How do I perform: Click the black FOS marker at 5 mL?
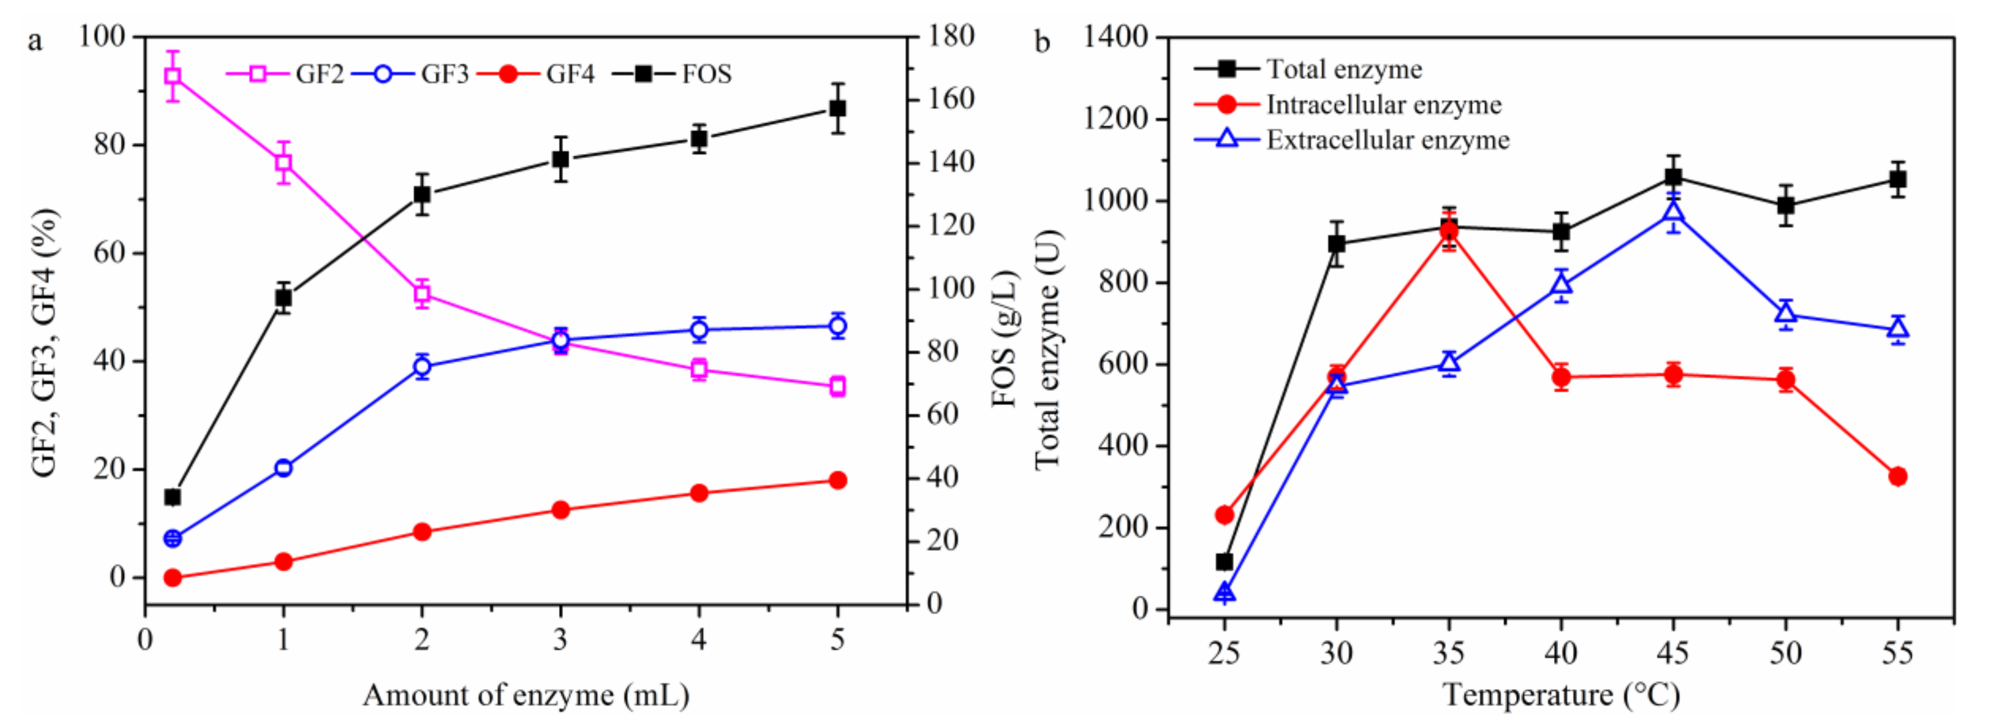pyautogui.click(x=838, y=109)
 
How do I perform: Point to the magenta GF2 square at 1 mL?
pyautogui.click(x=283, y=163)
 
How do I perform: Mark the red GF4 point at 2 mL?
pyautogui.click(x=422, y=532)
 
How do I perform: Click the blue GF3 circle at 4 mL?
pyautogui.click(x=699, y=330)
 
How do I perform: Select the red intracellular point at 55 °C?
pyautogui.click(x=1898, y=476)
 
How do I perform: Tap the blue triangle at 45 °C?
pyautogui.click(x=1674, y=212)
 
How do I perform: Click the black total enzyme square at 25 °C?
pyautogui.click(x=1225, y=562)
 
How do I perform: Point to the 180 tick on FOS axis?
pyautogui.click(x=951, y=36)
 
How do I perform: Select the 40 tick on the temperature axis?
pyautogui.click(x=1561, y=653)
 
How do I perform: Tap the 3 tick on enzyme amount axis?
pyautogui.click(x=560, y=640)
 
